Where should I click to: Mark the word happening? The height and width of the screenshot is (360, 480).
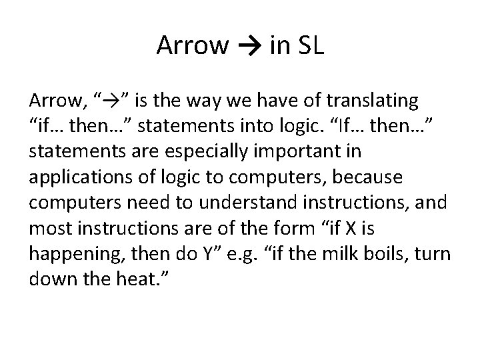click(77, 254)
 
